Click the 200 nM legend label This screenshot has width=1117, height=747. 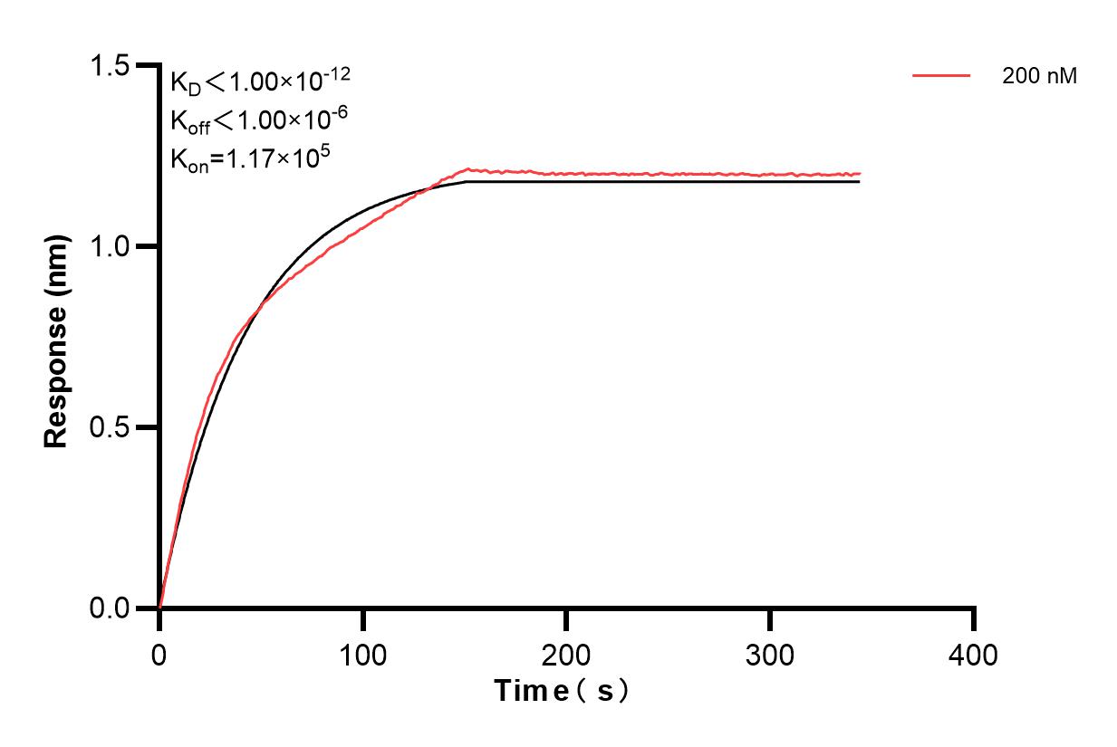click(x=1039, y=77)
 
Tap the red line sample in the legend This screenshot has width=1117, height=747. click(x=942, y=77)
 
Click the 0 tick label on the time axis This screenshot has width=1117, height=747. click(x=159, y=654)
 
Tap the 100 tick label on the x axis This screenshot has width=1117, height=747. click(x=362, y=654)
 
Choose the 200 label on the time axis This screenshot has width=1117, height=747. click(x=566, y=654)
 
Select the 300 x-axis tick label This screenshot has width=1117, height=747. click(x=770, y=654)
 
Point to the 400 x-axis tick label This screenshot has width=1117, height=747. click(x=974, y=654)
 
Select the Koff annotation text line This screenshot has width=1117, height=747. click(x=258, y=120)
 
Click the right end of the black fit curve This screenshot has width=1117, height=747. click(x=859, y=182)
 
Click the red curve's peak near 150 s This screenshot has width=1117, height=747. click(x=467, y=168)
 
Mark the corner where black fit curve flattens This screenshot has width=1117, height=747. click(x=467, y=182)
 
